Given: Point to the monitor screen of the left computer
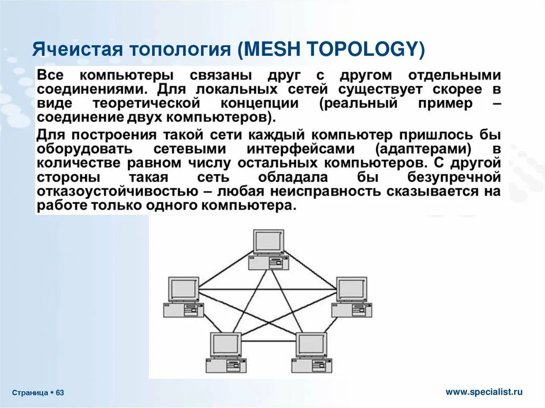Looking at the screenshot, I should coord(184,288).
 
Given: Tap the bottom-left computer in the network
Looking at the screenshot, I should coord(226,352).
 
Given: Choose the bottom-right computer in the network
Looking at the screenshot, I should coord(311,352).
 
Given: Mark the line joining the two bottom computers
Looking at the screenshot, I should coord(269,340).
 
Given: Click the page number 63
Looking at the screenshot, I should coord(60,393).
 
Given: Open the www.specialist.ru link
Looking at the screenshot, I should coord(484,392).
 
